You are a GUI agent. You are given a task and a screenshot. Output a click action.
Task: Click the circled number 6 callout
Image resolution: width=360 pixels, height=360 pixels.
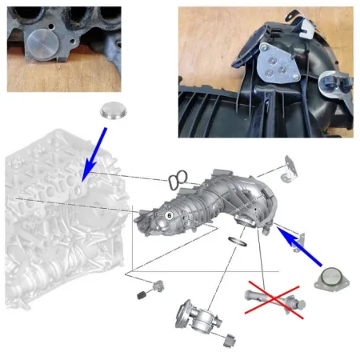point(169,215)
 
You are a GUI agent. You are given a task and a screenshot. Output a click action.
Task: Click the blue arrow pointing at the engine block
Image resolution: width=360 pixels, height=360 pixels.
point(94,154)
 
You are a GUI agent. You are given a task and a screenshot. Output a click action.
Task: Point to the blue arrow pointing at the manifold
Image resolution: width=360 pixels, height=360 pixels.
point(299,246)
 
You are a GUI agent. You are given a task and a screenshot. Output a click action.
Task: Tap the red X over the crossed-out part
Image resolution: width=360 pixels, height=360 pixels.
point(274,300)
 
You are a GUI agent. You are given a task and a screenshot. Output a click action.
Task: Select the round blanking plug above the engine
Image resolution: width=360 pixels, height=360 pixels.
point(114,110)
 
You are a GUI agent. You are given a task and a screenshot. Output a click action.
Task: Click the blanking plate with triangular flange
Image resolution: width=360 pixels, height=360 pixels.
point(331,279)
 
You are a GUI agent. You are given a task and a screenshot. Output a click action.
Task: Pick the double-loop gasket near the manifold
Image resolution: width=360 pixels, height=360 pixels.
point(178,180)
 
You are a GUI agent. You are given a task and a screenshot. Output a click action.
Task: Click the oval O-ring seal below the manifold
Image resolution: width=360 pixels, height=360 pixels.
point(238,242)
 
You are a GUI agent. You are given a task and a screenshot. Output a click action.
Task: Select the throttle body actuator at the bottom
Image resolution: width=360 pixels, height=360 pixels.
point(198,317)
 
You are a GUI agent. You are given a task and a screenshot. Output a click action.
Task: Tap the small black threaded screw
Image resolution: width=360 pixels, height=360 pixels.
point(142,295)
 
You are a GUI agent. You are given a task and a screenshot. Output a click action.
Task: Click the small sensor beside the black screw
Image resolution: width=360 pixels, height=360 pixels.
point(158,286)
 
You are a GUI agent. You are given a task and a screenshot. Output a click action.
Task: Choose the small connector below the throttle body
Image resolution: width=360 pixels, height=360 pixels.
point(230,340)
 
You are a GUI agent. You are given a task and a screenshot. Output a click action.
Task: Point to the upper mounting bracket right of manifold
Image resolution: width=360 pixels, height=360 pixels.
point(290,170)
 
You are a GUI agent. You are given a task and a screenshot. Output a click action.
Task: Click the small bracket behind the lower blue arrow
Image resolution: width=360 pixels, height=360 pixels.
point(299,242)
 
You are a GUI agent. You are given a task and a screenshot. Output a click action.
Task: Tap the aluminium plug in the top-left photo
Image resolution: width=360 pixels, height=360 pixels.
point(42,44)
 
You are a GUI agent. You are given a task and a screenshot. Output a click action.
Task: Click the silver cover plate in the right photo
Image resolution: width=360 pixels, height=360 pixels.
point(279,63)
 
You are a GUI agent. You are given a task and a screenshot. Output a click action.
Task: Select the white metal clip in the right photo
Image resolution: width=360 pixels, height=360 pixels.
point(306,28)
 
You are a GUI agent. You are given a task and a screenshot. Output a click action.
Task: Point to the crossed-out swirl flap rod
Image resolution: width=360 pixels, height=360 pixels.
point(275,299)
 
